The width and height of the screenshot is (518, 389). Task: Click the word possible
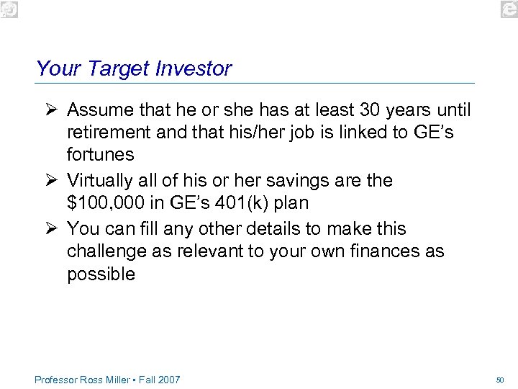click(x=101, y=274)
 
